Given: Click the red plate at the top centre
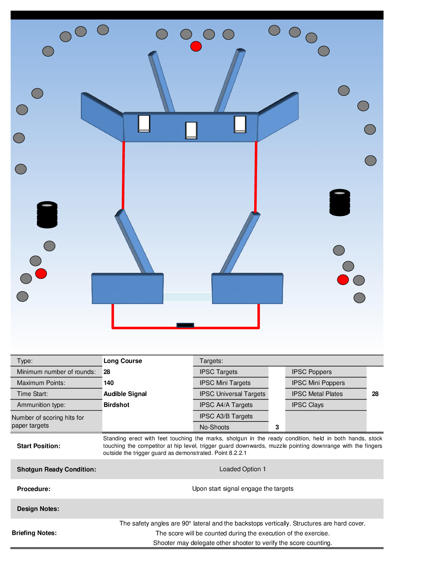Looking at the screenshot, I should (x=196, y=46).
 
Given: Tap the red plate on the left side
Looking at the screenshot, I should (x=41, y=274).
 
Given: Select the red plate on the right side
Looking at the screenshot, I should (x=343, y=280).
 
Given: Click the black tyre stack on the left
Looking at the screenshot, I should (x=47, y=215).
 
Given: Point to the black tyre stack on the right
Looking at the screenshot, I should (x=340, y=202).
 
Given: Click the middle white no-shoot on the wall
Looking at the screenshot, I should (x=191, y=130).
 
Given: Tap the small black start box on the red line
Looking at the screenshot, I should (x=185, y=325).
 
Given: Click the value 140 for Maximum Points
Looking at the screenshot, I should (x=108, y=383).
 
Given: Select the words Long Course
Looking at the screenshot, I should (x=123, y=361).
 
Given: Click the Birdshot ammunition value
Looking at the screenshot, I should (x=116, y=405).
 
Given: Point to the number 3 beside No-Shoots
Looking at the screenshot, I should (x=277, y=427).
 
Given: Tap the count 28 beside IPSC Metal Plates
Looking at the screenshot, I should (x=375, y=394).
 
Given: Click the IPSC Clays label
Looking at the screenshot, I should (x=307, y=405).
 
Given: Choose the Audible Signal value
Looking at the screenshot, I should (x=125, y=394).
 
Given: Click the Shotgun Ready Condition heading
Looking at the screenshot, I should (x=56, y=469).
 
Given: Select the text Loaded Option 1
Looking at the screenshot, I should (x=243, y=469).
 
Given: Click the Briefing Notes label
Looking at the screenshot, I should (x=34, y=533).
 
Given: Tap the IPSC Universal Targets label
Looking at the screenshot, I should (x=232, y=394).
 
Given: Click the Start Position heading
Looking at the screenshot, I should (x=39, y=446).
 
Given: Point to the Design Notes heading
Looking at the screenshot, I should (x=38, y=509).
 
